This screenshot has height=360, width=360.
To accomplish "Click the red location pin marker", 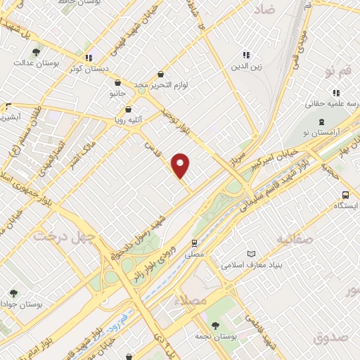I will (181, 165).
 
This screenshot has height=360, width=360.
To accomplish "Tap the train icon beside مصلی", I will (194, 243).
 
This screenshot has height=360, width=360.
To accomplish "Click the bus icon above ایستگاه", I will (345, 195).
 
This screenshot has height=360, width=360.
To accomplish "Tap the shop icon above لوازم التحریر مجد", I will (161, 74).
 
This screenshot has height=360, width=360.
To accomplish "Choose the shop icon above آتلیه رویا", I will (128, 109).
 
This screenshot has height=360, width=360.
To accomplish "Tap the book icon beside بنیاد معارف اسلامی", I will (252, 254).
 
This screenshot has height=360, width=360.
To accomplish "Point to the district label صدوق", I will (331, 337).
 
